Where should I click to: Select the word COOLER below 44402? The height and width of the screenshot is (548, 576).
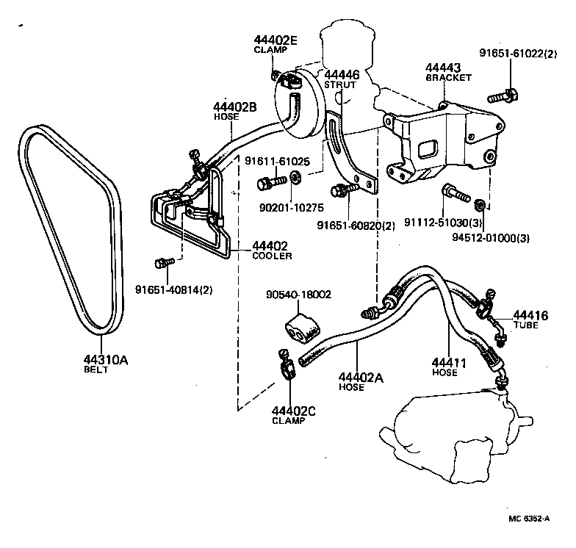[272, 256]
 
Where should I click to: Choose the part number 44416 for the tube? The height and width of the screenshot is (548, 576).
[530, 315]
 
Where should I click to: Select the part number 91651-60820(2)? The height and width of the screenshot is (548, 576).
[356, 226]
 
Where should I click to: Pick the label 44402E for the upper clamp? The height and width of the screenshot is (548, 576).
[276, 40]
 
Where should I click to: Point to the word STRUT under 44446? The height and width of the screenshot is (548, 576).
[341, 85]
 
